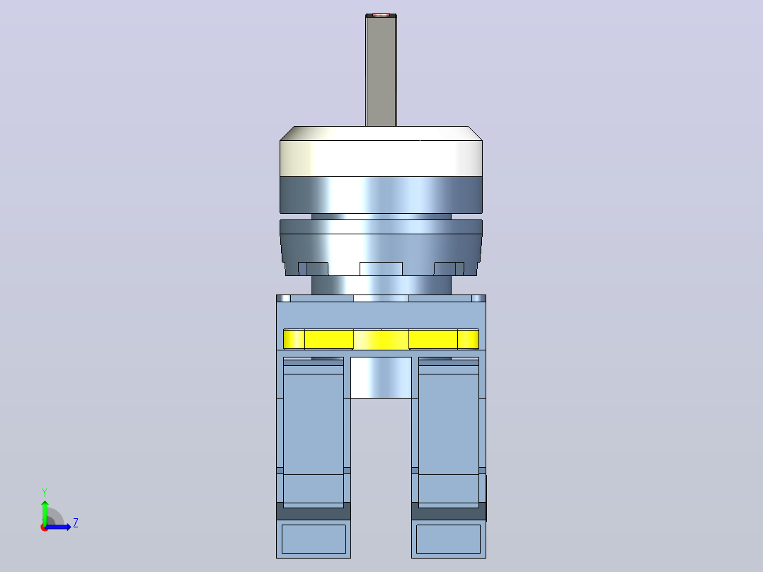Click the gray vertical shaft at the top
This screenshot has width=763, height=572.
pos(381,71)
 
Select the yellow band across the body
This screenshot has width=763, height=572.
pos(381,339)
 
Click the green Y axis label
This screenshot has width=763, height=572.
pos(45,492)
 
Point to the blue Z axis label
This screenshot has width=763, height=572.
pos(76,523)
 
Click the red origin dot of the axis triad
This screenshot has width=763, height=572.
pos(45,527)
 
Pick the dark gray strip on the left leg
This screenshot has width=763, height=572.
pos(314,511)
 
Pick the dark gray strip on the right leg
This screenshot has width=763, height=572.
pos(449,511)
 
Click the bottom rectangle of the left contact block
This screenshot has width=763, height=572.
pos(314,539)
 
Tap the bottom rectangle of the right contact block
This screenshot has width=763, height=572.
pos(448,539)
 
